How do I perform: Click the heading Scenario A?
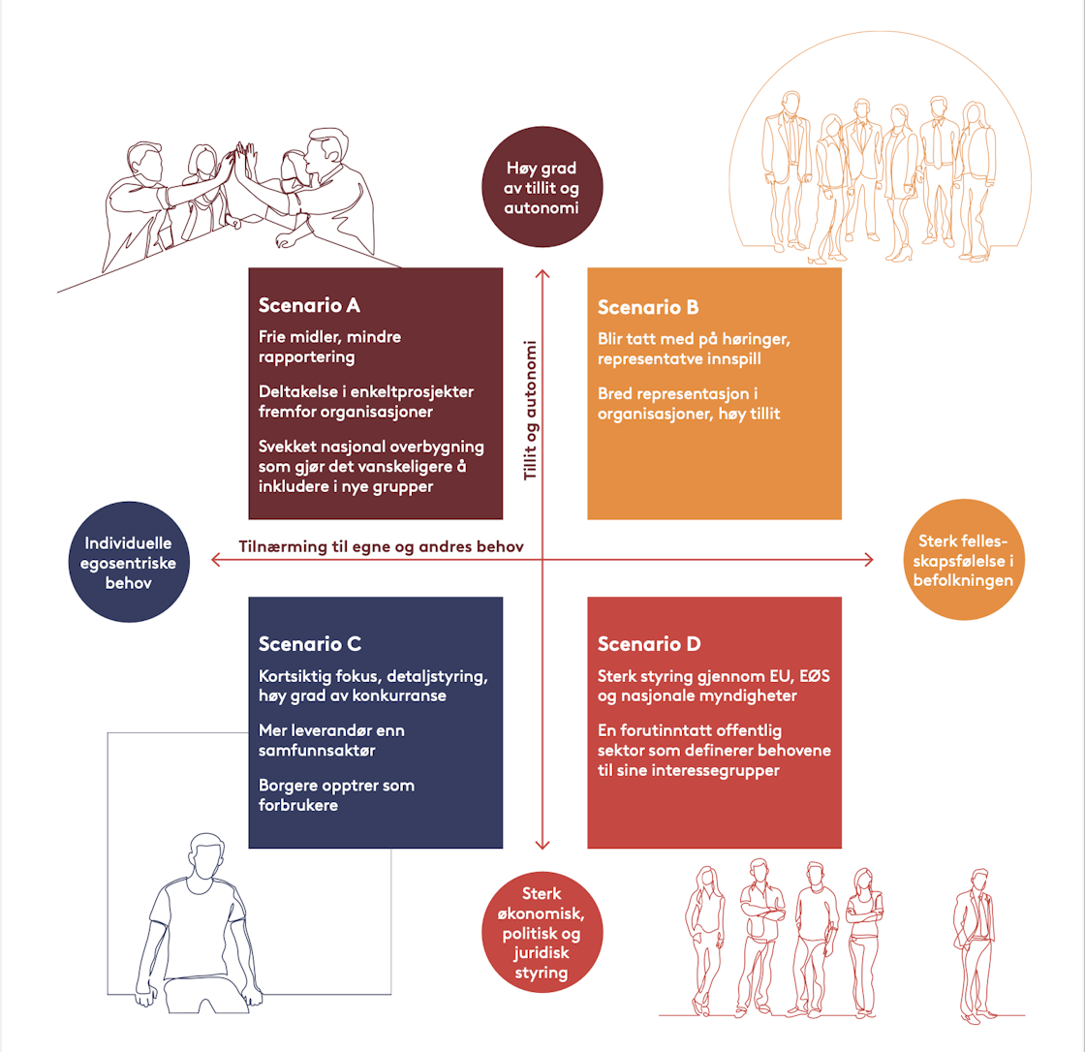pyautogui.click(x=309, y=305)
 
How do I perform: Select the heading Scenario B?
pyautogui.click(x=648, y=307)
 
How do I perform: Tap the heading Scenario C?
pyautogui.click(x=310, y=643)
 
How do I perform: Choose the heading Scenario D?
pyautogui.click(x=649, y=644)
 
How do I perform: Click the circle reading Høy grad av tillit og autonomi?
pyautogui.click(x=542, y=190)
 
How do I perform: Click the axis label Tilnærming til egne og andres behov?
pyautogui.click(x=382, y=547)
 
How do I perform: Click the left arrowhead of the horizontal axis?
pyautogui.click(x=216, y=558)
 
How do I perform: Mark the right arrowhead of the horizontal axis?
pyautogui.click(x=869, y=558)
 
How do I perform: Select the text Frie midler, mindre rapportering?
pyautogui.click(x=329, y=347)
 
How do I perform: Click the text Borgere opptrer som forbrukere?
pyautogui.click(x=336, y=794)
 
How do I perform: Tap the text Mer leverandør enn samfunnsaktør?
pyautogui.click(x=331, y=740)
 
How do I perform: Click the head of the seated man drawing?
pyautogui.click(x=208, y=854)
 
